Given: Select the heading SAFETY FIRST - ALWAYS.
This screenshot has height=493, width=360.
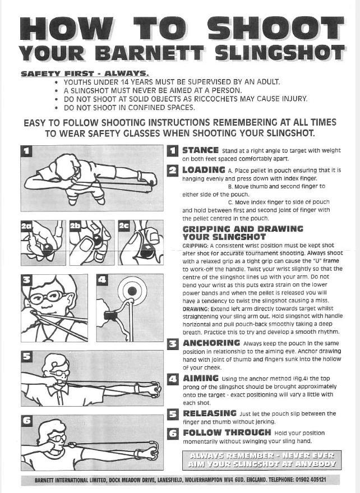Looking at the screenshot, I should (x=85, y=73).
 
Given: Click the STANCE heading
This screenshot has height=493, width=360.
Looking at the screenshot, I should (x=200, y=150).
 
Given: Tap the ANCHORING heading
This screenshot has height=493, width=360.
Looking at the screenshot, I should (x=211, y=343).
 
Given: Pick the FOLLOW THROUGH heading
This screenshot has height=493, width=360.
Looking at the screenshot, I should (x=227, y=432).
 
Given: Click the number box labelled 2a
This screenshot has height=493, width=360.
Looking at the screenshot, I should (x=26, y=226).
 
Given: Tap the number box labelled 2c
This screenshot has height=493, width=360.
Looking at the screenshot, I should (x=124, y=226).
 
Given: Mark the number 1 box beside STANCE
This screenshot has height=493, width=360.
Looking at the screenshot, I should (x=173, y=151).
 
